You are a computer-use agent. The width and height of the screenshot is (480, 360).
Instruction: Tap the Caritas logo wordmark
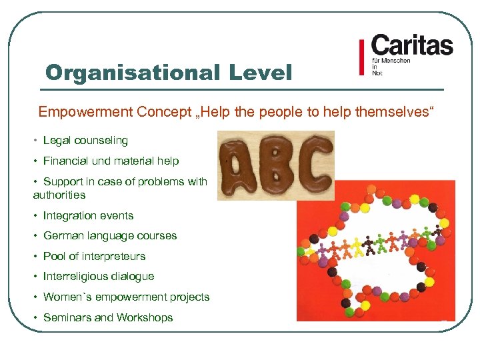tap(411, 46)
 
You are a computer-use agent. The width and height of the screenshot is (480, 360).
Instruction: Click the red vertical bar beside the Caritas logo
tap(361, 59)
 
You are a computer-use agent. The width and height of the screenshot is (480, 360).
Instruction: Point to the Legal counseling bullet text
tap(85, 141)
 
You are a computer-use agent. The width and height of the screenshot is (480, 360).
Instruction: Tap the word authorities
tap(59, 195)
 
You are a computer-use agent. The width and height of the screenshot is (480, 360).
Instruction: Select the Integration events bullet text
tap(88, 216)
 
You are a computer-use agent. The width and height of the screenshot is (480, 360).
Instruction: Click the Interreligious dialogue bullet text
tap(98, 277)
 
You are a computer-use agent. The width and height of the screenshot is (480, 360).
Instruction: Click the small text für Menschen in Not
tap(391, 67)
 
